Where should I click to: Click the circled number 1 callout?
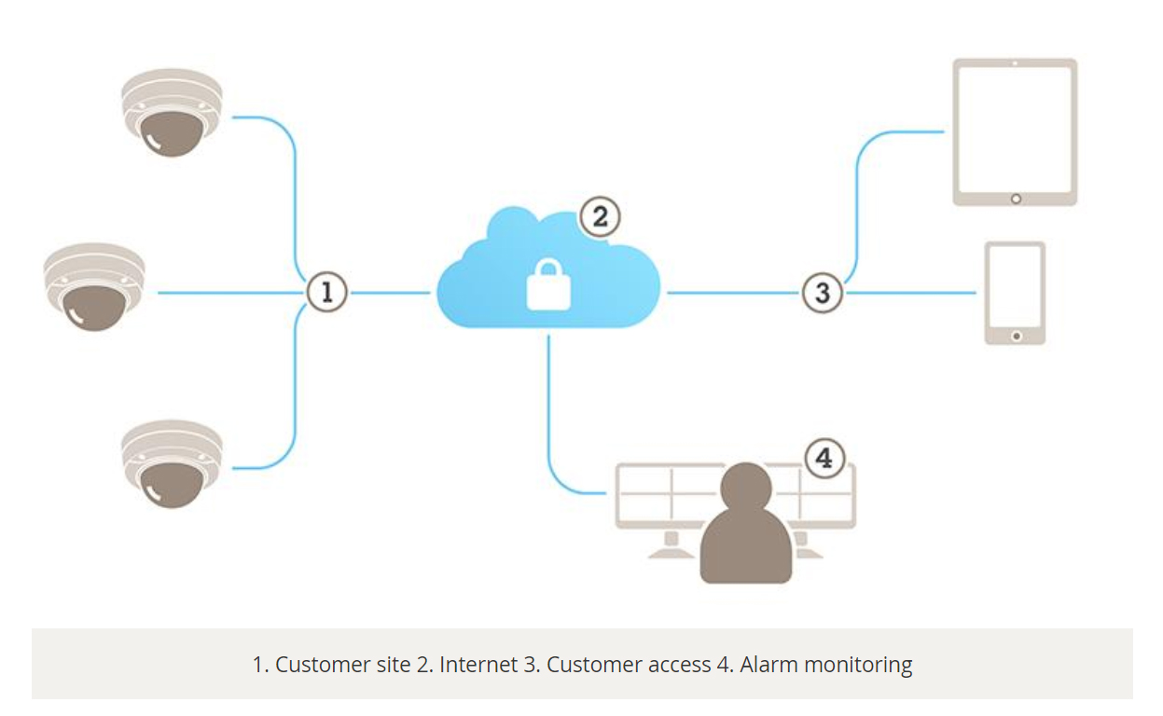(x=327, y=292)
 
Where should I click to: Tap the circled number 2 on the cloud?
(x=600, y=217)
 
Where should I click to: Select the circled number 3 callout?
(x=822, y=293)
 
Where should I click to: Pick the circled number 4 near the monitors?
(x=824, y=459)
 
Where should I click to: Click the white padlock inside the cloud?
(x=548, y=284)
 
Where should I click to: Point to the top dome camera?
(x=173, y=112)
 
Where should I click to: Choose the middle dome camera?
(x=94, y=287)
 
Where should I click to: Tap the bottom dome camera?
(x=173, y=463)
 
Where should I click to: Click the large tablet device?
(x=1015, y=131)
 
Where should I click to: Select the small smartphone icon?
(x=1015, y=293)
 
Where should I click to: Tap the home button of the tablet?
(x=1016, y=199)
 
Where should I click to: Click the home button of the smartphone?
(x=1016, y=335)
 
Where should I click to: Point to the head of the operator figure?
(x=747, y=487)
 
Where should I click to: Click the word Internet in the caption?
(x=478, y=665)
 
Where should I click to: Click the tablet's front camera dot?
(x=1015, y=63)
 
